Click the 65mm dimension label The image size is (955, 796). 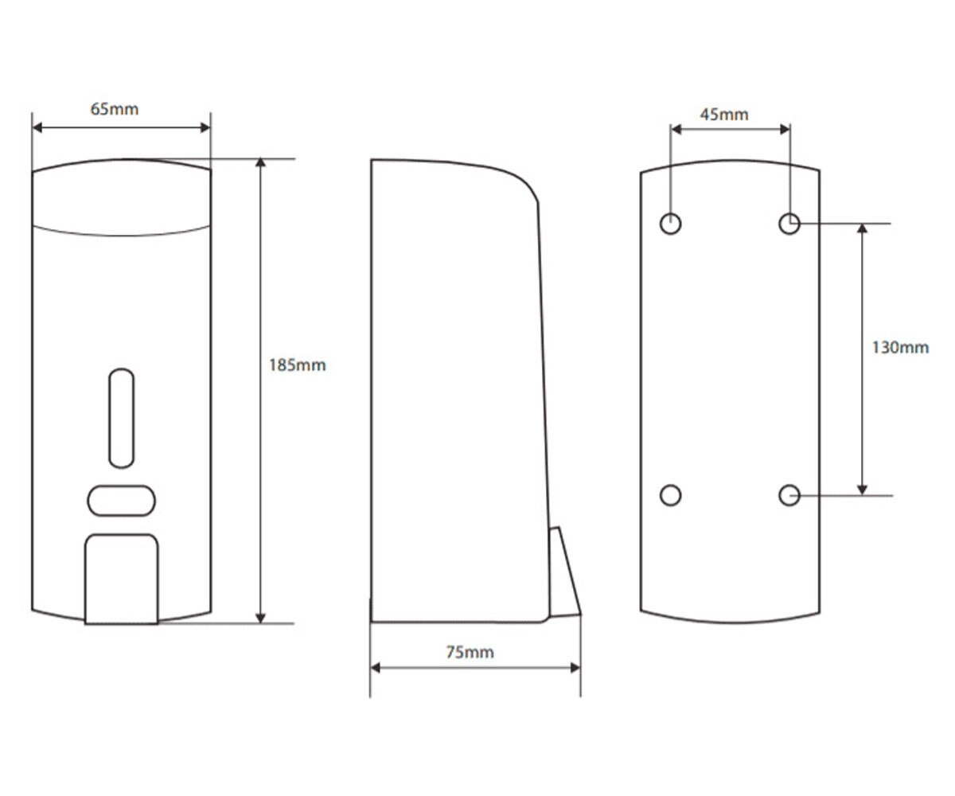point(115,109)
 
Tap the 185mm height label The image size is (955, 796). point(298,365)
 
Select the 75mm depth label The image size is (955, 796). point(470,652)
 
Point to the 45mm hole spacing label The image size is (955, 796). point(724,114)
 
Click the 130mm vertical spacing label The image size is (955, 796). point(901,348)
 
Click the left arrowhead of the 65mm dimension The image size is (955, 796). point(37,127)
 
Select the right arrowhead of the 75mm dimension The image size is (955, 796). point(575,668)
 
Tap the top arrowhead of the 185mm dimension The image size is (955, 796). point(261,163)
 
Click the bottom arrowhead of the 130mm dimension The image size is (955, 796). point(862,490)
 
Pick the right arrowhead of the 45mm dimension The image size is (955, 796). point(785,130)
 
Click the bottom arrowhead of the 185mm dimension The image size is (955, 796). point(261,618)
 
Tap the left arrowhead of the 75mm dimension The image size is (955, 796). point(376,668)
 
